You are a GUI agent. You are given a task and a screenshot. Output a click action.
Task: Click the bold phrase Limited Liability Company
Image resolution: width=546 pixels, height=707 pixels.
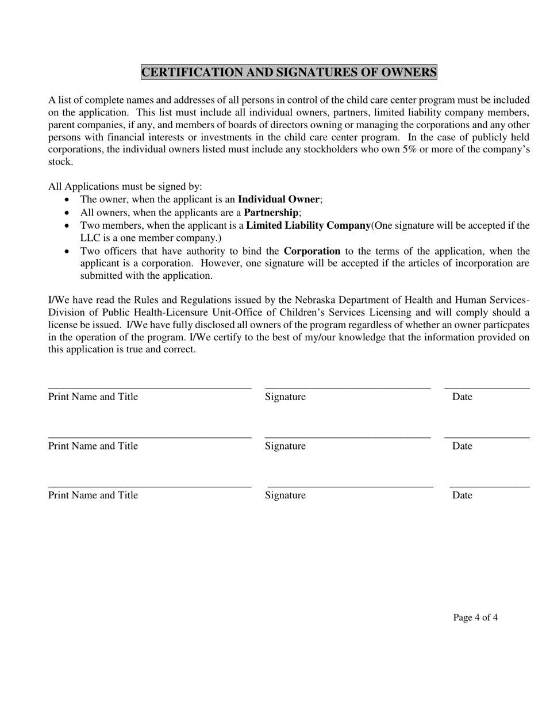click(x=308, y=225)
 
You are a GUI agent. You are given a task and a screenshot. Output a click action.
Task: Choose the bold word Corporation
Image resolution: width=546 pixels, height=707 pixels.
click(x=312, y=251)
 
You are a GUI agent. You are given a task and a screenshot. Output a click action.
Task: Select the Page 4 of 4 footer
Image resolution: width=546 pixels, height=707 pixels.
click(x=475, y=618)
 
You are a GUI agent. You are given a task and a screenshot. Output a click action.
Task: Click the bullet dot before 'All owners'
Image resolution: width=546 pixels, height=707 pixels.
click(x=68, y=213)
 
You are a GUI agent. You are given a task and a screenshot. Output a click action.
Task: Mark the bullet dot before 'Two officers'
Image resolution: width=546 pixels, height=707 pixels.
click(x=68, y=252)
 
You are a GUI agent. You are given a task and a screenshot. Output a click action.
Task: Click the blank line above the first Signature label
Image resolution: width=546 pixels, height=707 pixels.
click(x=348, y=389)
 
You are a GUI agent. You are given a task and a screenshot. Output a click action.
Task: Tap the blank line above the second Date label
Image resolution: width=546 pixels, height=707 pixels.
click(x=487, y=438)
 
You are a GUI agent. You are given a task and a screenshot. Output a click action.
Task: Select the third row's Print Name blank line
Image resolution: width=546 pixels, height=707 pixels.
click(x=149, y=487)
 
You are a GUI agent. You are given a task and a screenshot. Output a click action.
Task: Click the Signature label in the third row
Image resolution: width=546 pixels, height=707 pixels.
click(x=285, y=495)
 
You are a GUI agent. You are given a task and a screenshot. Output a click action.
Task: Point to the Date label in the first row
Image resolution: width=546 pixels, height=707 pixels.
click(x=462, y=397)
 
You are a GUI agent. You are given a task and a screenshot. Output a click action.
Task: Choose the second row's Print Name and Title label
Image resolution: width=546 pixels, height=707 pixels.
click(x=93, y=446)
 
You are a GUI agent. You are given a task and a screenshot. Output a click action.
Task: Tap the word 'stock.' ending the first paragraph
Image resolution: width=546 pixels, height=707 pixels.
click(x=60, y=162)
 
